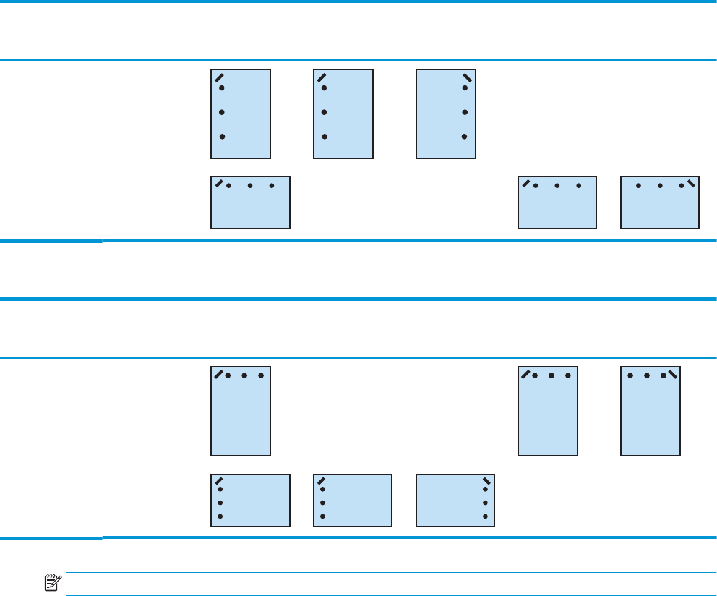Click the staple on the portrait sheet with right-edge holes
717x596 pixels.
point(467,77)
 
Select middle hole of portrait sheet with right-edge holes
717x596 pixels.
point(465,112)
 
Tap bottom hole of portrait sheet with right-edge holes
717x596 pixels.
point(465,136)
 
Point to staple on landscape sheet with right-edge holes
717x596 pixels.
point(486,480)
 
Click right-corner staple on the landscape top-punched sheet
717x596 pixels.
point(691,183)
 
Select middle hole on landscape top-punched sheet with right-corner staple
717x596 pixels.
point(660,186)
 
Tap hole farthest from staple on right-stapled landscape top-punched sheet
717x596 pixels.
point(638,186)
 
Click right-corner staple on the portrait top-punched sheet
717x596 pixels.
point(673,373)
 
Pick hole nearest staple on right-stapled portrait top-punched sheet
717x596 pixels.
point(663,376)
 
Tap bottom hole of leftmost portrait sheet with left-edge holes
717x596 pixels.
point(222,136)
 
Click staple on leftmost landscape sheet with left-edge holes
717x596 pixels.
point(218,480)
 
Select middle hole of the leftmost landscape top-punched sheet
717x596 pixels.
point(249,186)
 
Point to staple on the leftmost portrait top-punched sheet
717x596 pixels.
point(218,373)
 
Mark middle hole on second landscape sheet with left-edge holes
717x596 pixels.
point(322,502)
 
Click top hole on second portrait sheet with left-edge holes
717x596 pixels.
point(325,88)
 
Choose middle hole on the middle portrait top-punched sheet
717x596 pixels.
point(551,376)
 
